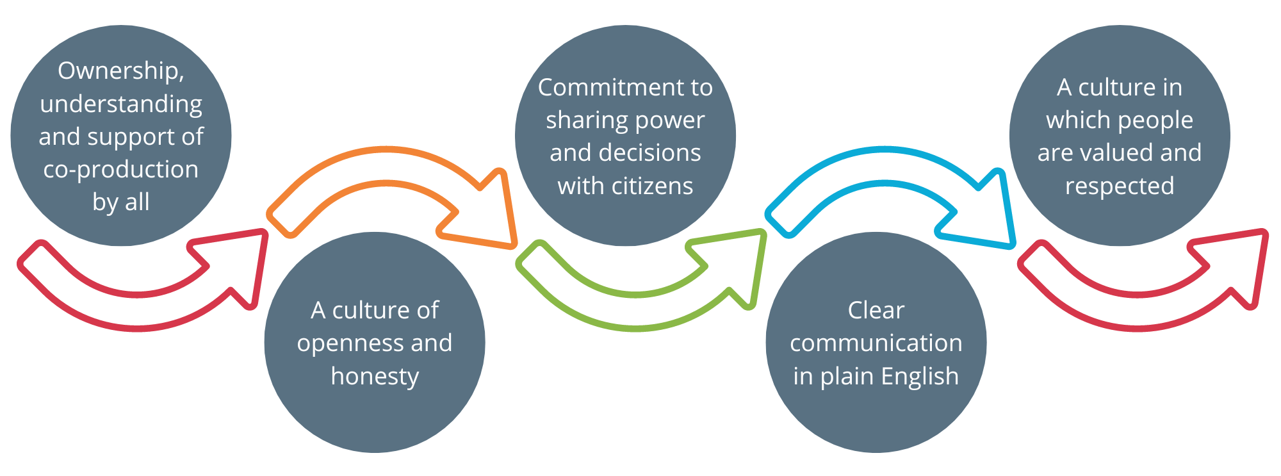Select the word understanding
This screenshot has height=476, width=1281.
click(x=121, y=104)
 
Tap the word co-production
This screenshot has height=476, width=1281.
click(x=121, y=170)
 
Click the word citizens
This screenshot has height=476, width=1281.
click(x=653, y=186)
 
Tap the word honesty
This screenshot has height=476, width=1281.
click(x=375, y=376)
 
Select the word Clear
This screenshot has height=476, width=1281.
click(x=876, y=310)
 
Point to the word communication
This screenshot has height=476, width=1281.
click(x=876, y=343)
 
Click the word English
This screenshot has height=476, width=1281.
click(x=920, y=377)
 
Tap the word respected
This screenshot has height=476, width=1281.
click(x=1120, y=186)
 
